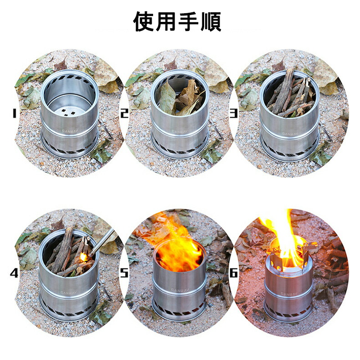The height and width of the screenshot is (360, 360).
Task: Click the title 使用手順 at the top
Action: (x=177, y=21)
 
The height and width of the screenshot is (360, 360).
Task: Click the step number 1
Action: (x=14, y=113)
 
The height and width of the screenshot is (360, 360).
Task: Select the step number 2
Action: (x=124, y=113)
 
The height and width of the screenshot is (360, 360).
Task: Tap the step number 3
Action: (x=233, y=113)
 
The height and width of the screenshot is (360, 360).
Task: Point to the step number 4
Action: (x=14, y=273)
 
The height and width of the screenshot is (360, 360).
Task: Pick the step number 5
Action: (x=124, y=273)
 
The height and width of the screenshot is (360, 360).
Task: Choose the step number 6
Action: (x=233, y=273)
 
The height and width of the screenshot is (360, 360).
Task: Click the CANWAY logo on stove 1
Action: (x=70, y=132)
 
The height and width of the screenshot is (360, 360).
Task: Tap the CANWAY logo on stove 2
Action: (x=180, y=132)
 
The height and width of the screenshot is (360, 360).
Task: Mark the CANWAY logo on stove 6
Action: (x=289, y=294)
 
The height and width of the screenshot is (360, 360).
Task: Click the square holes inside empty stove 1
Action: (x=68, y=113)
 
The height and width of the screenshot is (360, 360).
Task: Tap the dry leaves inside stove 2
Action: (x=180, y=97)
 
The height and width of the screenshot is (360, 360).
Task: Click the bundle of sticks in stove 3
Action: (x=290, y=94)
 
